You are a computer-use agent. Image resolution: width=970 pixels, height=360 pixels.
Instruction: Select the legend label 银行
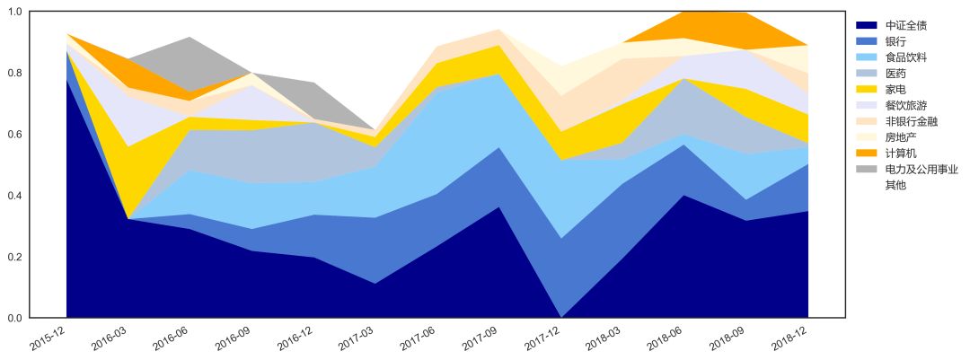(895, 41)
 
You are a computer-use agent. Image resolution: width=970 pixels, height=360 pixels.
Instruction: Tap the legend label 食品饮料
(907, 57)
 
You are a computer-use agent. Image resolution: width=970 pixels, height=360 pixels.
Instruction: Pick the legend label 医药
(895, 74)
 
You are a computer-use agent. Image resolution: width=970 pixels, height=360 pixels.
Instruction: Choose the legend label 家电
(895, 90)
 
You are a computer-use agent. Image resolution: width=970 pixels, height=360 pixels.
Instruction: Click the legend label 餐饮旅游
(907, 105)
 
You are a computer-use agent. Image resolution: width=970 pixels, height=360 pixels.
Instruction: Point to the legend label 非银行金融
(913, 121)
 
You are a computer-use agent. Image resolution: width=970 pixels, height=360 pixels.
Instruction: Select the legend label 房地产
(902, 137)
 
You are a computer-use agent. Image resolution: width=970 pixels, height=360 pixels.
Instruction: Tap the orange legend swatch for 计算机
(866, 154)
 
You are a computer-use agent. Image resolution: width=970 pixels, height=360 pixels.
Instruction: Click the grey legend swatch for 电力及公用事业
(866, 169)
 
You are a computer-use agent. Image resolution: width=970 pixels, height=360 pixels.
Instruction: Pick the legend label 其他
(895, 185)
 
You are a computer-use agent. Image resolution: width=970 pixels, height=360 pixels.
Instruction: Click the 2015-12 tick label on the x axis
(52, 339)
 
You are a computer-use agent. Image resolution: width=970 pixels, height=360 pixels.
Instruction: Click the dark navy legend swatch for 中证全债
(866, 25)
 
